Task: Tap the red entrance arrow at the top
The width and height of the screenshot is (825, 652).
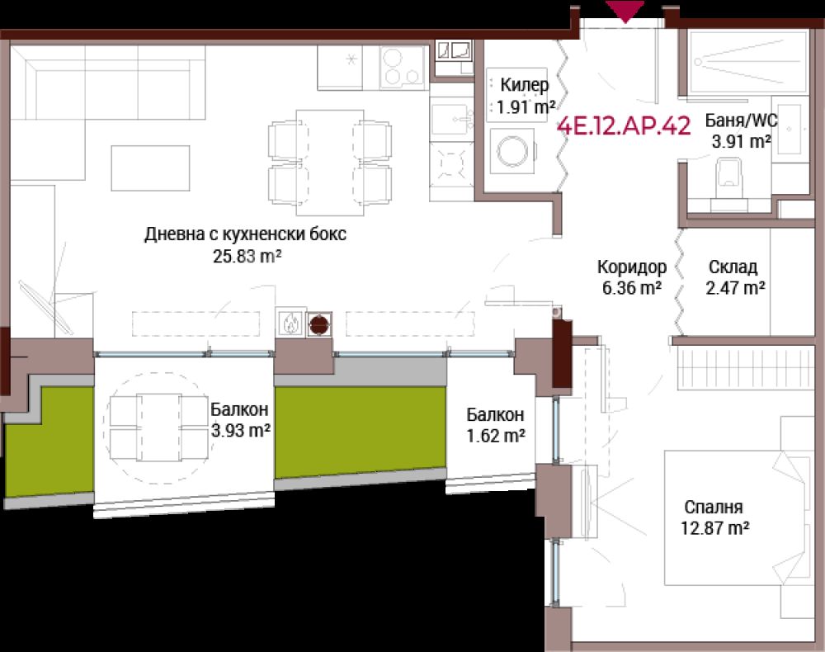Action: pos(625,11)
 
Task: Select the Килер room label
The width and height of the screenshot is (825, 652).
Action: pos(524,84)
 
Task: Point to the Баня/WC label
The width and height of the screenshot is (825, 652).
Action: pos(742,120)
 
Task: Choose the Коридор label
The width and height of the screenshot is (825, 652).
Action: pos(631,267)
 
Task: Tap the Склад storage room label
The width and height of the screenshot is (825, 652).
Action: pos(733,267)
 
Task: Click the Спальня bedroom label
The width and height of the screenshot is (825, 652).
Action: pos(714,507)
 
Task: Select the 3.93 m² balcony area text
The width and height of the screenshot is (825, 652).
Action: pos(240,431)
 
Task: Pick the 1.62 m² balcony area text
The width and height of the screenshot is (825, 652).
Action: pos(496,436)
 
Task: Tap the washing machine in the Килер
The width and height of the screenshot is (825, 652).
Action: pos(512,151)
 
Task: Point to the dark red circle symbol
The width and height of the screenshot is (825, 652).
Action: pos(318,324)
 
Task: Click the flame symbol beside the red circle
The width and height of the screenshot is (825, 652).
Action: pos(290,323)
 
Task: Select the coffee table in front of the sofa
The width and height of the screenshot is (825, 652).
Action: pos(150,168)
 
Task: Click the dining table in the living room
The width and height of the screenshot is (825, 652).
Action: pos(330,162)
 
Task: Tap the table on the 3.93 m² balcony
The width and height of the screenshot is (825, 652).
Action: pos(159,428)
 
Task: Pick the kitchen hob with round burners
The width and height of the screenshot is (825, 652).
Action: pos(402,69)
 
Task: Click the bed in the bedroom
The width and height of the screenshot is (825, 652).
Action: pos(737,517)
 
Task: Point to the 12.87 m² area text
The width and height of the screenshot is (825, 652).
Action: pos(715,527)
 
